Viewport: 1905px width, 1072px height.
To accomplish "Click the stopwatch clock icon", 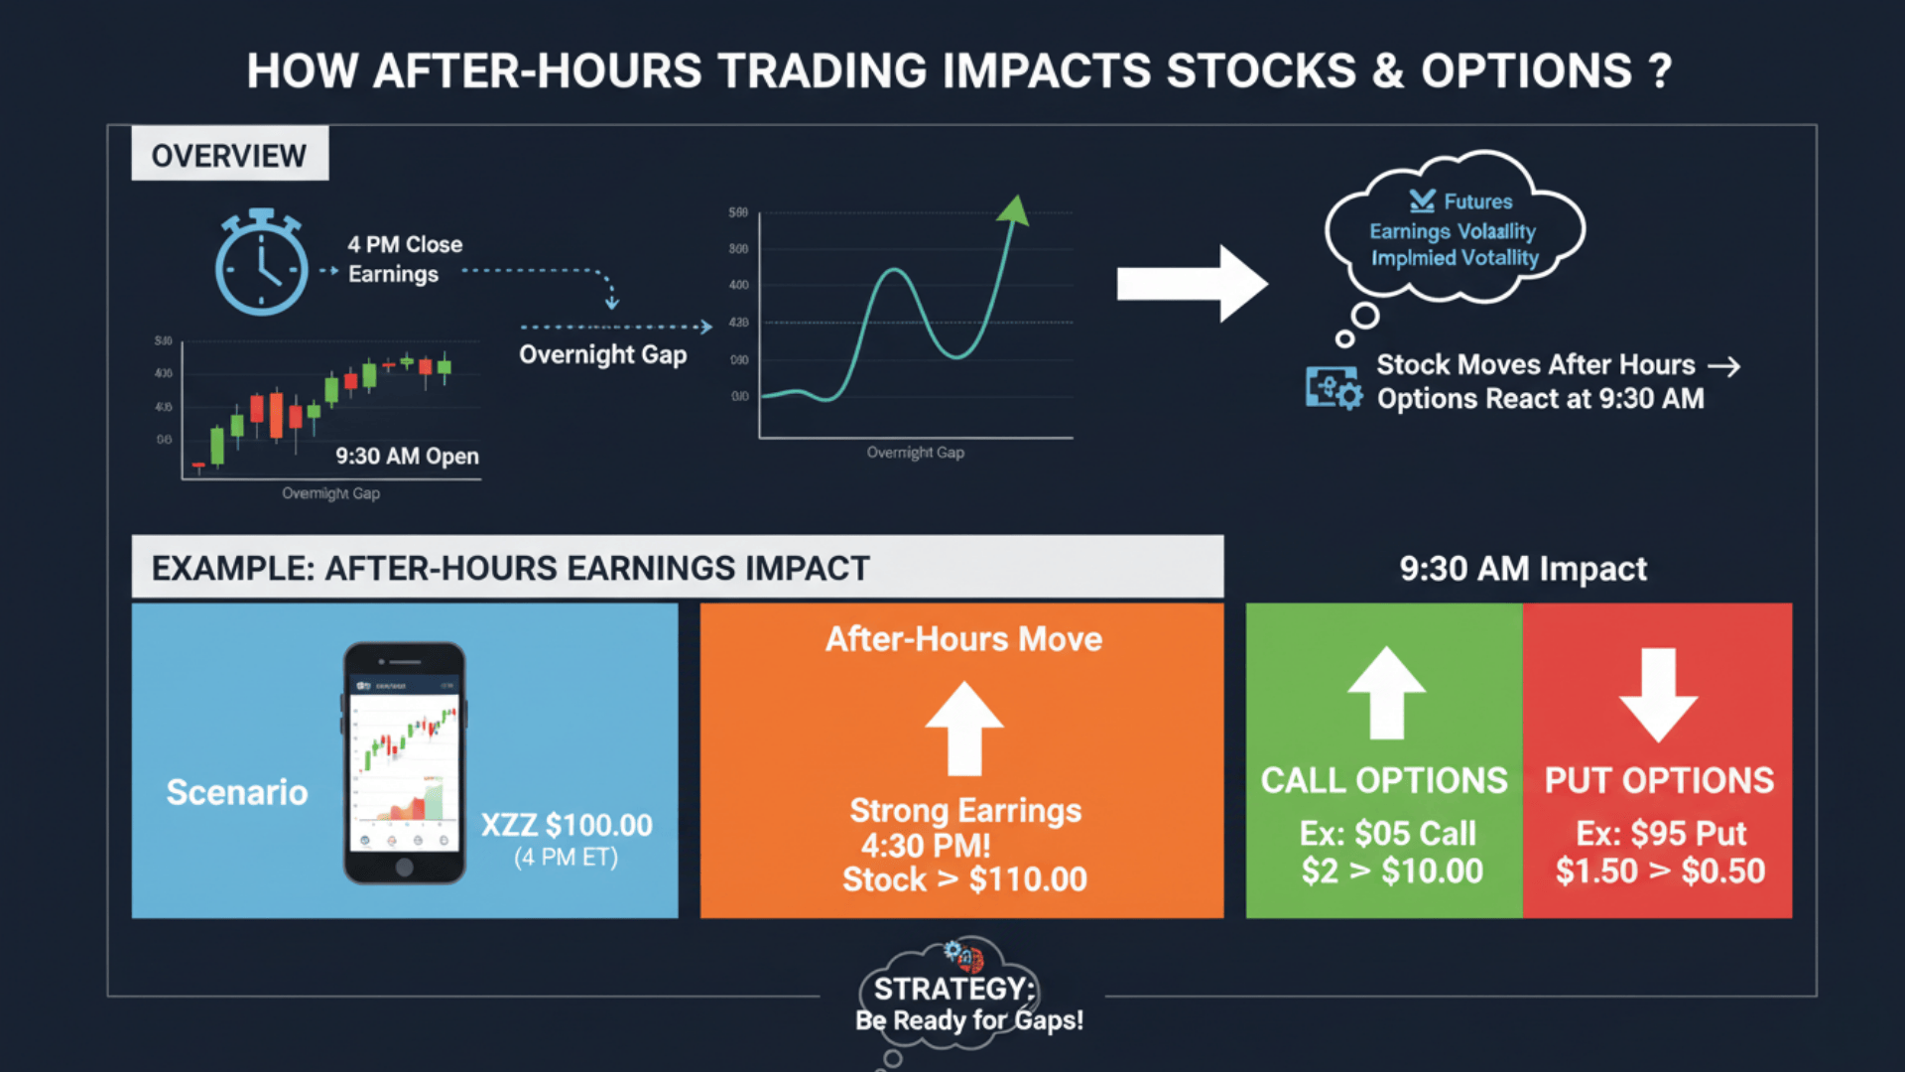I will [261, 265].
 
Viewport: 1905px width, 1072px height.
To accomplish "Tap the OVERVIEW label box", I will [229, 154].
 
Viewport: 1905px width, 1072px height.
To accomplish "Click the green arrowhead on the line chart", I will [1014, 209].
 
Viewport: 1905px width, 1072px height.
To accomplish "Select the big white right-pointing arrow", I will [1191, 284].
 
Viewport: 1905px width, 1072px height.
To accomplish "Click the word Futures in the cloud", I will [1477, 201].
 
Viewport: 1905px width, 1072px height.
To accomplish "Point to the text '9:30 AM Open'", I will [407, 457].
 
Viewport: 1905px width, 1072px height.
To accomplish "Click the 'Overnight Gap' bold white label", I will [602, 354].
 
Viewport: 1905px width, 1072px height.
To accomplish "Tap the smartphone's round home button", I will [404, 867].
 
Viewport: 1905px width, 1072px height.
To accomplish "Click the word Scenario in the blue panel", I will [237, 792].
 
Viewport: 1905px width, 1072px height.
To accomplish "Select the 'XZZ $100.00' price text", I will [567, 825].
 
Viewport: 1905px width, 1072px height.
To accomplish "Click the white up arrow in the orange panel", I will [963, 728].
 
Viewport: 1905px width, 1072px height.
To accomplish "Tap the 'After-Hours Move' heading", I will [963, 639].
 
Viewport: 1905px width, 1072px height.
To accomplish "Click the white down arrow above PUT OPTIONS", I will [1658, 695].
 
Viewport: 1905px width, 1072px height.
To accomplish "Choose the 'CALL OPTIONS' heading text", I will [1384, 781].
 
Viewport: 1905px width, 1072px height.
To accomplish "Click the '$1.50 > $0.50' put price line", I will [1660, 871].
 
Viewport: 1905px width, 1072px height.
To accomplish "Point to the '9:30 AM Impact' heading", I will [1523, 569].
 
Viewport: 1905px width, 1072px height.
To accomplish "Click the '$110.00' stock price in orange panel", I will [1028, 879].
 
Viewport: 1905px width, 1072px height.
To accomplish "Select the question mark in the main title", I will [1660, 71].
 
